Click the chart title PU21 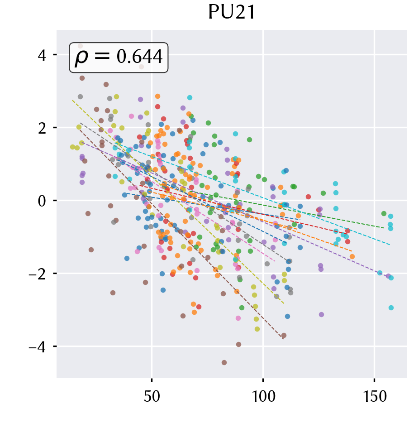coord(232,12)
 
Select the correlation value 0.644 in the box coord(139,57)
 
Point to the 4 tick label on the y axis coord(42,55)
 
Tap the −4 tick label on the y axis coord(37,346)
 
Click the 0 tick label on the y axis coord(42,201)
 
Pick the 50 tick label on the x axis coord(152,397)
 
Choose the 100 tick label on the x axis coord(263,397)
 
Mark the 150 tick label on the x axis coord(375,397)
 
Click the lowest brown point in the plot coord(224,363)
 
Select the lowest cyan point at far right coord(391,308)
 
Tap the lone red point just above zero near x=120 coord(309,197)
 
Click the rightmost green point coord(384,213)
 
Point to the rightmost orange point coord(352,256)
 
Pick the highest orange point coord(157,96)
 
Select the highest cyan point coord(190,98)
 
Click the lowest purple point coord(321,314)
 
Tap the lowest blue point coord(288,316)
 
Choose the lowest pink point coord(238,318)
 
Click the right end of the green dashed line coord(384,228)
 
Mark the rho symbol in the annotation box coord(81,58)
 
